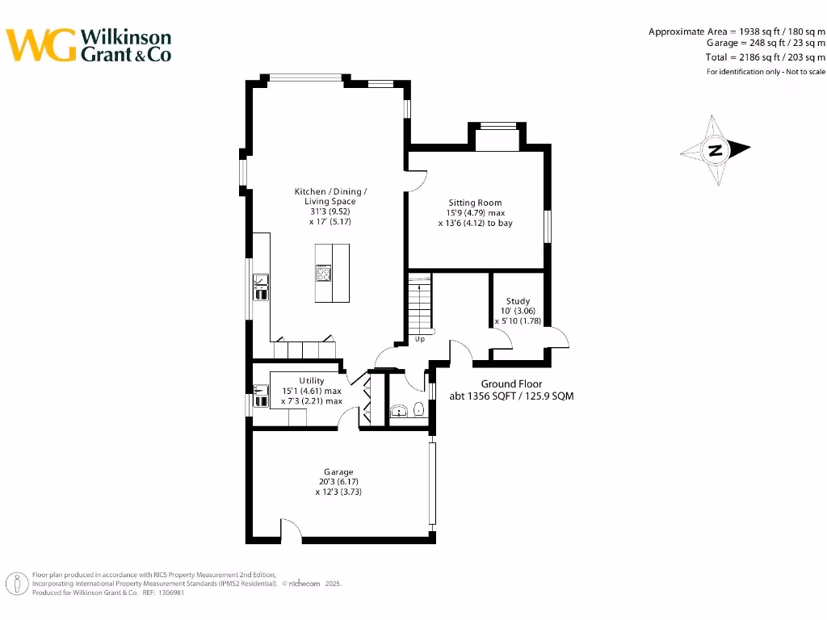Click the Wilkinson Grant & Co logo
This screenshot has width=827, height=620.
point(89,45)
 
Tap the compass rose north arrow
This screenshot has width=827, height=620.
point(716,149)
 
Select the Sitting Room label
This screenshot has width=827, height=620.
point(475,203)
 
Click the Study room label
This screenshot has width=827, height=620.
point(518,301)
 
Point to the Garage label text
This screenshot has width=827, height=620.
point(338,472)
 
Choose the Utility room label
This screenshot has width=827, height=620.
point(312,381)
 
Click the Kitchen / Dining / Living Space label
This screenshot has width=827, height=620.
point(330,196)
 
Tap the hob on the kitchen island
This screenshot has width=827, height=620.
point(324,274)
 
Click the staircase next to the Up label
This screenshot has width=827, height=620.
point(420,303)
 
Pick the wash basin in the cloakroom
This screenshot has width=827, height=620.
point(397,413)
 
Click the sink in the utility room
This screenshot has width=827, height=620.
point(261,396)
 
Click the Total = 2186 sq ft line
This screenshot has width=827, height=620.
point(766,57)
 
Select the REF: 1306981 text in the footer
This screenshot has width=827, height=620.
point(163,593)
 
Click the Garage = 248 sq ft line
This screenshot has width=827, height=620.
point(766,44)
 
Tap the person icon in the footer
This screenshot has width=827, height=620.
point(15,584)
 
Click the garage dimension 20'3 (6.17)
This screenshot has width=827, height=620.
point(338,482)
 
